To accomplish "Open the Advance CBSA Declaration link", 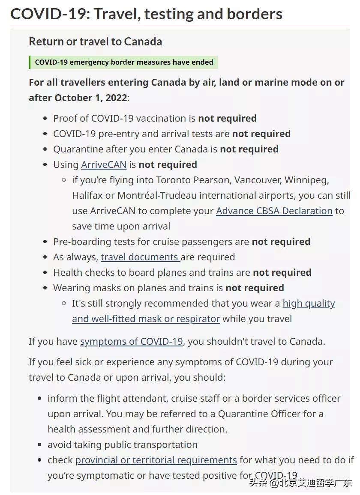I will (274, 211).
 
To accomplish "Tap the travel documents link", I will (140, 257).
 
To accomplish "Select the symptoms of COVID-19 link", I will (131, 342).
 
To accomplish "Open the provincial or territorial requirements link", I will (156, 460).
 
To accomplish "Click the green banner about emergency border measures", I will (123, 63).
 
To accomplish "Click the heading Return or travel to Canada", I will (95, 42).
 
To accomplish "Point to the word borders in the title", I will (252, 14).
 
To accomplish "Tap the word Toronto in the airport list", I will (174, 180).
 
